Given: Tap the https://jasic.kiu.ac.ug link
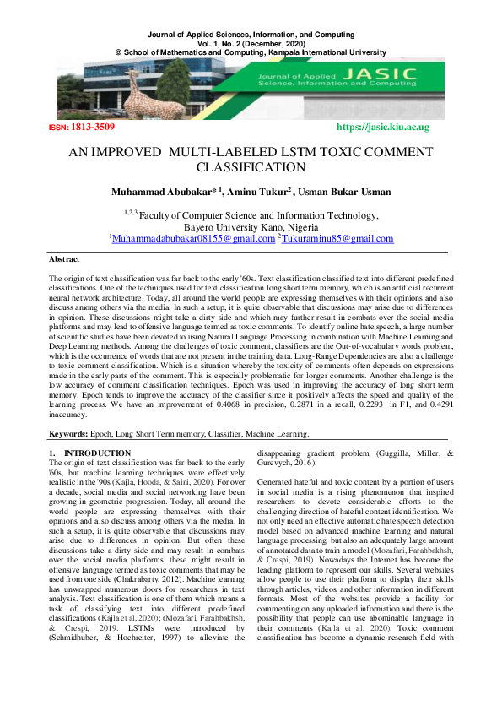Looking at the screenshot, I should point(382,128).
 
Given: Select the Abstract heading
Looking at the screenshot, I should point(65,260).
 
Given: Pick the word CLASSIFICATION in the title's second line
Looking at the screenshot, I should point(251,169).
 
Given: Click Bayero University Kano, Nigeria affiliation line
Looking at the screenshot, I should point(251,227).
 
